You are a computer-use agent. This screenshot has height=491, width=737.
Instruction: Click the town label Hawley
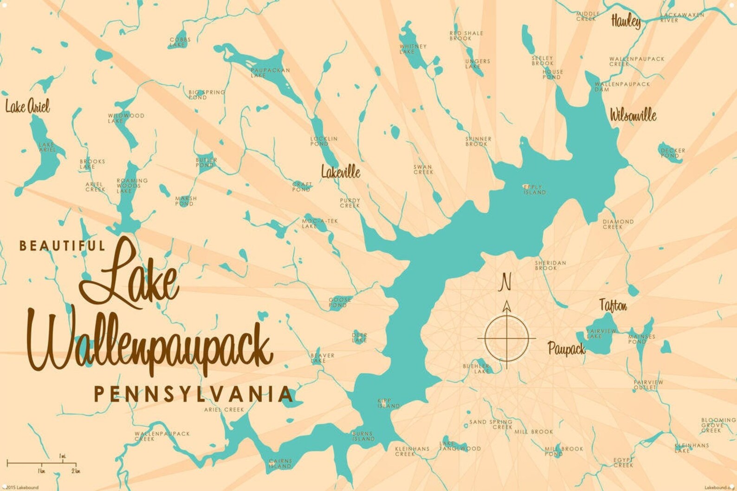coord(626,21)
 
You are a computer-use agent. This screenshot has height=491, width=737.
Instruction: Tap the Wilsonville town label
coord(633,115)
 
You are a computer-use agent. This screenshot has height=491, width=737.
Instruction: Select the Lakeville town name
coord(340,172)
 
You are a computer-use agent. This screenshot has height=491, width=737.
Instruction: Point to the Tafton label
coord(613,305)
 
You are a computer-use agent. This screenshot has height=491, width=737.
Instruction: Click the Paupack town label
coord(566,348)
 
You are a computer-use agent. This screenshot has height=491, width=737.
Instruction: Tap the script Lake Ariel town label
coord(27,106)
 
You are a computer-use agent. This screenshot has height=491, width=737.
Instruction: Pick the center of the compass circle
coord(506,338)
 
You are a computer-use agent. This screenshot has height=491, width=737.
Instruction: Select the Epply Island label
coord(534,189)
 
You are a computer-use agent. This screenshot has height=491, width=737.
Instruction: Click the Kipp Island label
coord(388,403)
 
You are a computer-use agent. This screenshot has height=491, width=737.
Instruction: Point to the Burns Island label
coord(363,436)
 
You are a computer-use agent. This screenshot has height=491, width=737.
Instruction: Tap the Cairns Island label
coord(280,464)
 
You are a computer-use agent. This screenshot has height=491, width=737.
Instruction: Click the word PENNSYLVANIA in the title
coord(194,394)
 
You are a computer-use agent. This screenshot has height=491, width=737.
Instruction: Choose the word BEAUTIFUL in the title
coord(62,245)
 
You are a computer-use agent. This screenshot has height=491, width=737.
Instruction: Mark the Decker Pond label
coord(672,153)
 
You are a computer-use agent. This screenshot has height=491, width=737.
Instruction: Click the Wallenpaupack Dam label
coord(622,86)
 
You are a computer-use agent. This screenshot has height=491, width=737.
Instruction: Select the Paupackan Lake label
coord(270,73)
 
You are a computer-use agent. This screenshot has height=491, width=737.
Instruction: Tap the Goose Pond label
coord(340,302)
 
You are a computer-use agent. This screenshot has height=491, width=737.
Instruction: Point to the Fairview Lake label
coord(601,333)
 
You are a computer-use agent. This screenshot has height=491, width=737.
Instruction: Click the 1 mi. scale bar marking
coord(63,457)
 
